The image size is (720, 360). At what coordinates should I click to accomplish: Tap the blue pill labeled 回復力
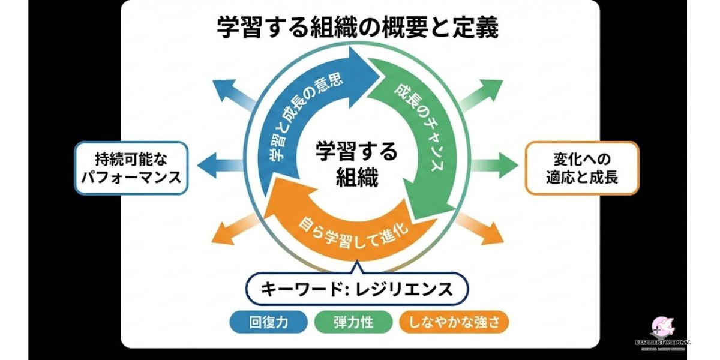pos(268,322)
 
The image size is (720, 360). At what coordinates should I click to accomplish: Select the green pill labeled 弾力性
pos(353,322)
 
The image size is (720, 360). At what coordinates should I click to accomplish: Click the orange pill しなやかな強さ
pos(453,322)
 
